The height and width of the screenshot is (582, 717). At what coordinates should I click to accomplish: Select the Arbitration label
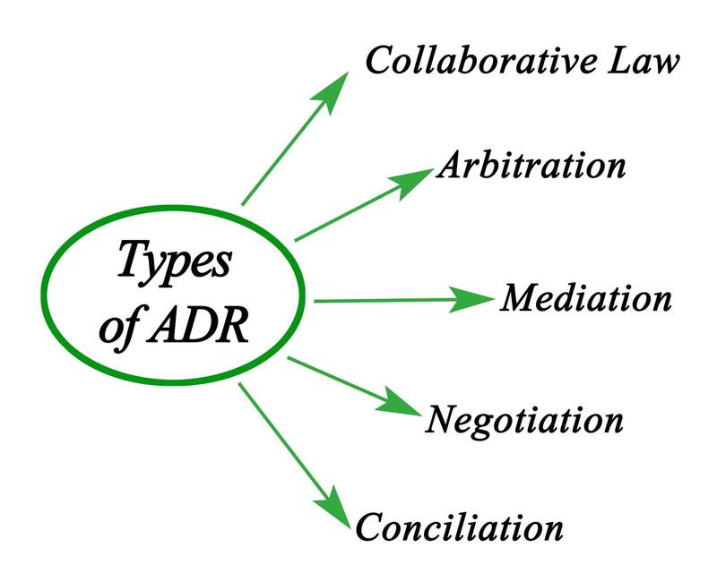[531, 167]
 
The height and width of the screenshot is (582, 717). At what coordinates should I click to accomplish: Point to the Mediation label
[585, 298]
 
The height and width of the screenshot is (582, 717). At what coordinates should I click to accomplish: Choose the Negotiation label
[524, 418]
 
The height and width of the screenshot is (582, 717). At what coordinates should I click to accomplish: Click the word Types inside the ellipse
[175, 264]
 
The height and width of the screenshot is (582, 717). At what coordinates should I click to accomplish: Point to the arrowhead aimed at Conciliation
[331, 505]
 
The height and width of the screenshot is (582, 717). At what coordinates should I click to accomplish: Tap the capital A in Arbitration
[447, 167]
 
